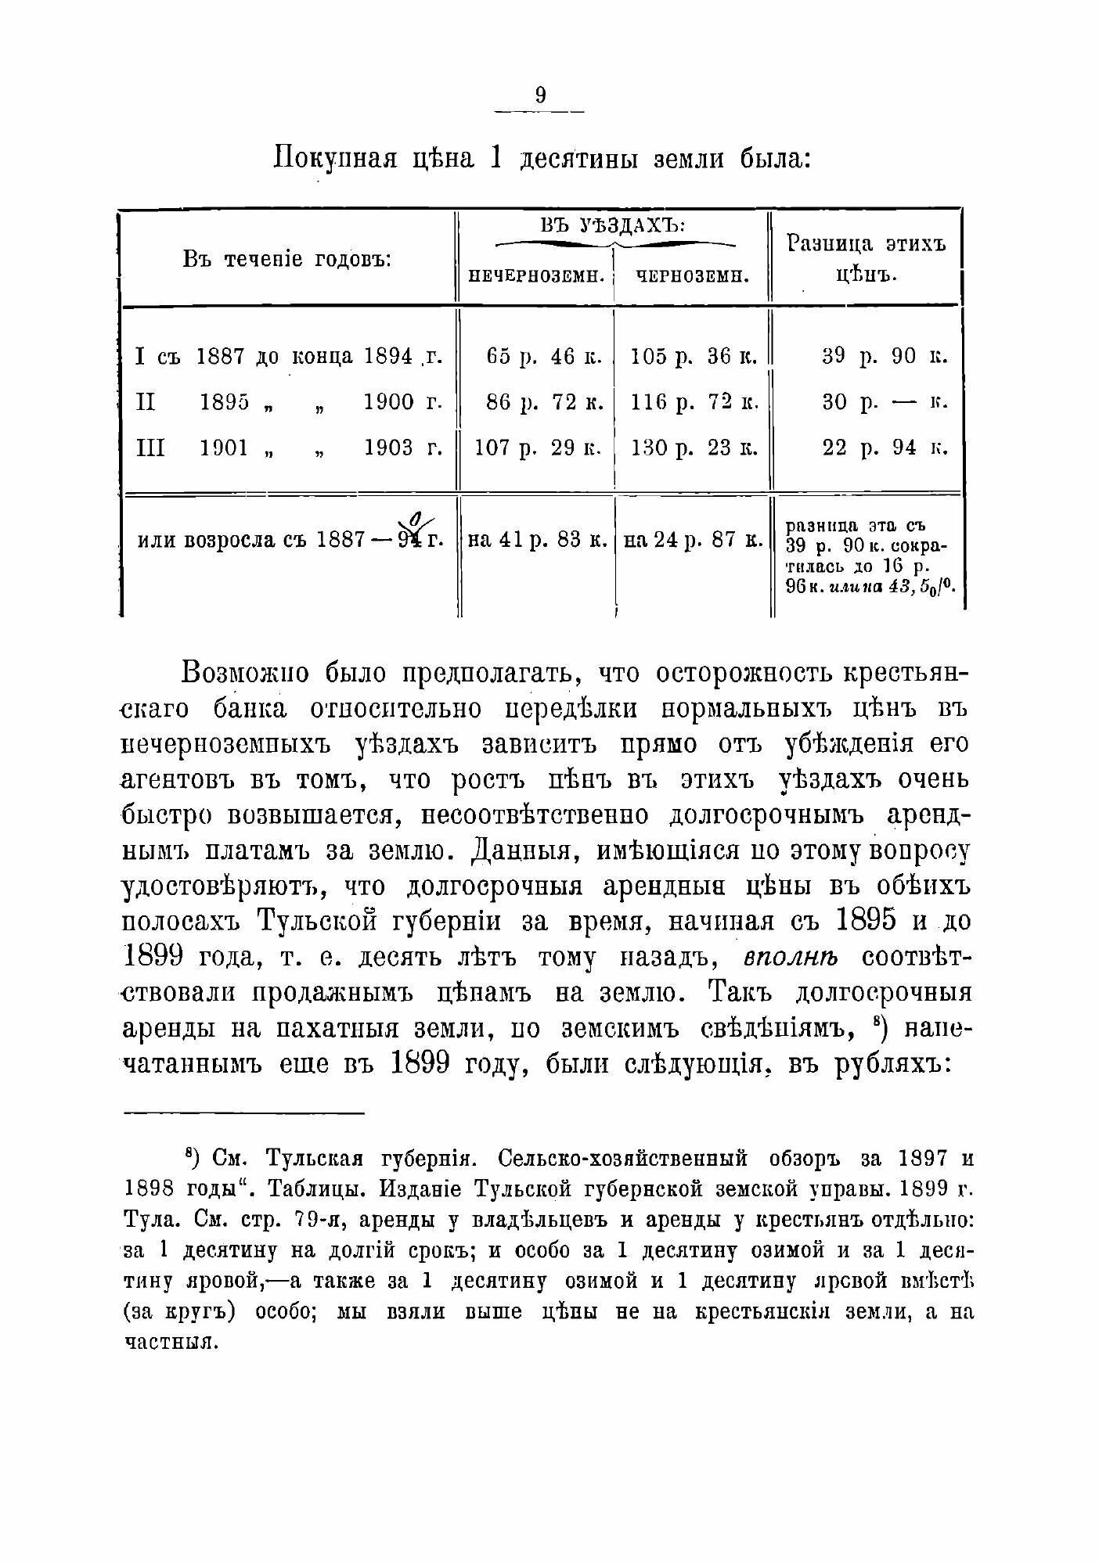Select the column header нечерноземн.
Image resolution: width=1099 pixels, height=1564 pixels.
click(536, 275)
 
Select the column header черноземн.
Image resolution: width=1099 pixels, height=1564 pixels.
click(691, 275)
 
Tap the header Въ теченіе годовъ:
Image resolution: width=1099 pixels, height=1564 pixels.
click(286, 258)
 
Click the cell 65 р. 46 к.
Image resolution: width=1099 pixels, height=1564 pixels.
click(543, 357)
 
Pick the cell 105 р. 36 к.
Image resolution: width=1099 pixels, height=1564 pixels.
click(694, 357)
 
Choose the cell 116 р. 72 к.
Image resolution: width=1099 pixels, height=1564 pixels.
click(694, 402)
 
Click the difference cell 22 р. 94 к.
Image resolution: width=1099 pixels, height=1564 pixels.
click(885, 448)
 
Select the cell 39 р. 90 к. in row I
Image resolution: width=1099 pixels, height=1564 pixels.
click(885, 357)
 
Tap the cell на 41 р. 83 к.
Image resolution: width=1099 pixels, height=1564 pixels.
click(537, 539)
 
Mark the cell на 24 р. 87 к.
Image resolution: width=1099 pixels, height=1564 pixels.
click(692, 539)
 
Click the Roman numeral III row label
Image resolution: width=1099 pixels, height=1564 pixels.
click(150, 448)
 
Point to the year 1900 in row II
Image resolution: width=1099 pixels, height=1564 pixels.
click(389, 402)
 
